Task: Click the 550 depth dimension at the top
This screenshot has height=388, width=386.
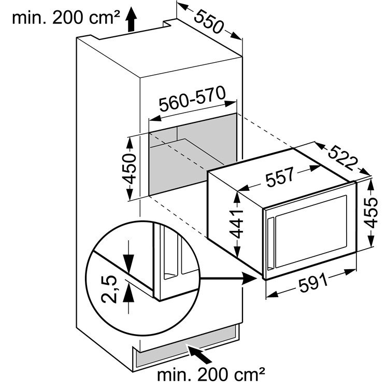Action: pos(209,21)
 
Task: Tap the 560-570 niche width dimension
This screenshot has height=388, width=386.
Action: pos(192,99)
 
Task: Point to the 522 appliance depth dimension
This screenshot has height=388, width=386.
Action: pos(343,157)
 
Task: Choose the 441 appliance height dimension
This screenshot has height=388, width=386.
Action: pos(236,224)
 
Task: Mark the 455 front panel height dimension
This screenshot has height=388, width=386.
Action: pos(371,213)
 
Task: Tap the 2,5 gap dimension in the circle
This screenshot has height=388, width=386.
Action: pos(109,289)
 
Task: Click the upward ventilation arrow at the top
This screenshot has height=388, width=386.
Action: pos(131,19)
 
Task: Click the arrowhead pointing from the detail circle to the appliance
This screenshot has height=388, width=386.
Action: pos(250,279)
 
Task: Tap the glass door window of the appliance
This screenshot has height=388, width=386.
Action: pos(311,231)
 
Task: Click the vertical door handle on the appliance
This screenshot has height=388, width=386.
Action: pos(270,243)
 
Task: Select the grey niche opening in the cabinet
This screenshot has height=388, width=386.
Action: pos(193,155)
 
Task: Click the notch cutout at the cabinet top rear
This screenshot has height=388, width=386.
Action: pos(170,23)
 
